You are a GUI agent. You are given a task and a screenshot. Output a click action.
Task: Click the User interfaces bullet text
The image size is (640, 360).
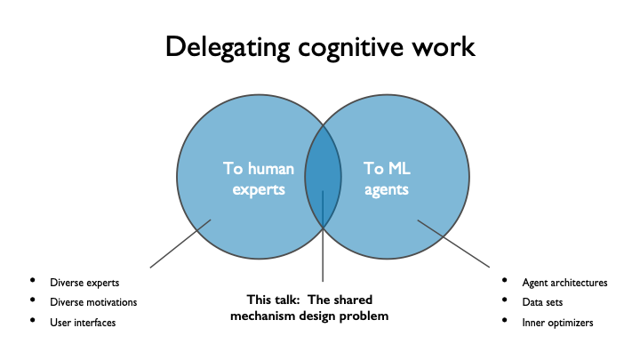(83, 322)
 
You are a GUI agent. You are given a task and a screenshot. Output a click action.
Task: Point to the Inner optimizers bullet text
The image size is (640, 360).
(557, 322)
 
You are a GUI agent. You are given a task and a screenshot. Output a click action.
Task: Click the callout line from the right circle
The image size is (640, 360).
(453, 244)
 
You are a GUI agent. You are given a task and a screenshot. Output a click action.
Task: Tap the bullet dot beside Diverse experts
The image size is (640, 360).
(34, 283)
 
